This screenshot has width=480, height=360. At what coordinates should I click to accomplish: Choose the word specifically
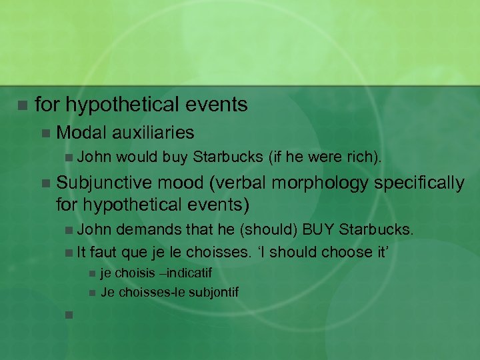click(419, 183)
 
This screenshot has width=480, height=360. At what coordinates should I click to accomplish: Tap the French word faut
click(103, 252)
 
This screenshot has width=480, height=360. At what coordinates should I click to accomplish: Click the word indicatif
click(188, 273)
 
